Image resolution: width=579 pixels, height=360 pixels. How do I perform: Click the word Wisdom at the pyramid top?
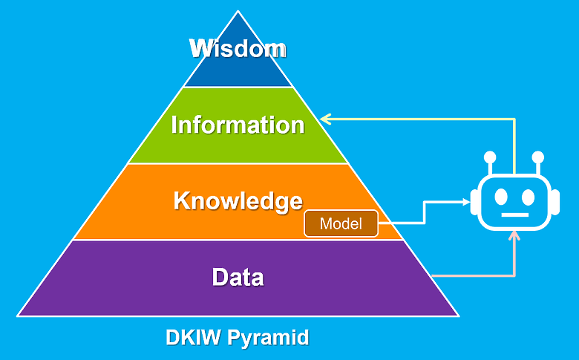[x=238, y=48]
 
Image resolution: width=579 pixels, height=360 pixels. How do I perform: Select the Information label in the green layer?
[x=238, y=125]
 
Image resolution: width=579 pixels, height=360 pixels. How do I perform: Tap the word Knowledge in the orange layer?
[x=238, y=202]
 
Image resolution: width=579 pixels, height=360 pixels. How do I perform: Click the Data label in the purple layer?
[x=238, y=277]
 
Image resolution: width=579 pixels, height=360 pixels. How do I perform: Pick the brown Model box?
[x=341, y=223]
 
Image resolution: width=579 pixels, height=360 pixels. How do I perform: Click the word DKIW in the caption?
[x=193, y=337]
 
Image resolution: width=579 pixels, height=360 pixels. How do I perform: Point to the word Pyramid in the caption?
[x=268, y=338]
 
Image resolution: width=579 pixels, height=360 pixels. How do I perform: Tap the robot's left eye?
[x=501, y=197]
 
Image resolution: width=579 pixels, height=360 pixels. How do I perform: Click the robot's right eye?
[x=529, y=197]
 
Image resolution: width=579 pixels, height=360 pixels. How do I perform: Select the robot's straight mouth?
[x=514, y=215]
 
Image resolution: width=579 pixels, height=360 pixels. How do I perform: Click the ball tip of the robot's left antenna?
[x=490, y=157]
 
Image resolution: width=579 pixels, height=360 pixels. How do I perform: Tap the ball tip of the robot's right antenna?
[x=538, y=157]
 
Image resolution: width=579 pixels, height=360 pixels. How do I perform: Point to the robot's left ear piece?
[x=474, y=202]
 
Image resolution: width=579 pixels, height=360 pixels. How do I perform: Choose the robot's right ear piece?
[x=556, y=202]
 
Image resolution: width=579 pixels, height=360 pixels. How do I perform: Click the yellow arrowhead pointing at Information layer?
[x=325, y=119]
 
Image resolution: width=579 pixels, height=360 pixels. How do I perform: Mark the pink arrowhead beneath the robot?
[x=514, y=235]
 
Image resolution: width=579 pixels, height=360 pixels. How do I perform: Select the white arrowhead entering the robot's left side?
[x=466, y=202]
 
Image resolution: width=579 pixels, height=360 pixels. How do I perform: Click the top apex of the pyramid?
[x=238, y=11]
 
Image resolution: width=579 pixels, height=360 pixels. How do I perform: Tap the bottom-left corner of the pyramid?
[x=18, y=315]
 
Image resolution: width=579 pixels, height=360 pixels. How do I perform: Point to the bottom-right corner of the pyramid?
[x=458, y=315]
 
